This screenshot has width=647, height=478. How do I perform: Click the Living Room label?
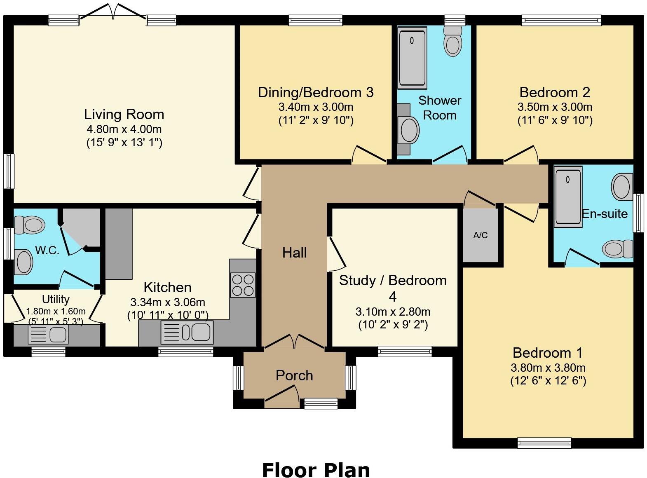click(x=124, y=115)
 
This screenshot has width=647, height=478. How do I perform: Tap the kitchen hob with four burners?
click(x=243, y=285)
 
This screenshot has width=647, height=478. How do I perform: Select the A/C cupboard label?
click(x=481, y=235)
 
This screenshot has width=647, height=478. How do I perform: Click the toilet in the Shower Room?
click(x=453, y=41)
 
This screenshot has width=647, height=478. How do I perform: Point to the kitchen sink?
click(x=187, y=333)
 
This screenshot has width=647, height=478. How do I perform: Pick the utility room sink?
click(x=48, y=335)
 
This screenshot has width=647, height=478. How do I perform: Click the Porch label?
click(x=294, y=375)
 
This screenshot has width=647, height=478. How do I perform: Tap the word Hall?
click(x=294, y=253)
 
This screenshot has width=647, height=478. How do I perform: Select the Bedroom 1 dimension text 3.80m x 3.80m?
click(x=548, y=368)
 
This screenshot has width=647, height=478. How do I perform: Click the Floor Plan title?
click(x=316, y=462)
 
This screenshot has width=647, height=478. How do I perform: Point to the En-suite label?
click(x=605, y=214)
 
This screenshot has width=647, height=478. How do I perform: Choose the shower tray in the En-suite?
click(x=568, y=197)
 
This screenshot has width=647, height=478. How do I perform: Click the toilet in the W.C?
click(x=29, y=225)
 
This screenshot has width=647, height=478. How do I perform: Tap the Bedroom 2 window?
click(x=561, y=20)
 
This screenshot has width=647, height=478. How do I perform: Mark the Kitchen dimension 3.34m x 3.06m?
click(x=168, y=302)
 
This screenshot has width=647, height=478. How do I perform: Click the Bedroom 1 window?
click(x=544, y=443)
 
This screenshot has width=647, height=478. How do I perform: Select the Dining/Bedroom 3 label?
click(x=316, y=92)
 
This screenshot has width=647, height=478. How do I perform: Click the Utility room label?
click(x=56, y=300)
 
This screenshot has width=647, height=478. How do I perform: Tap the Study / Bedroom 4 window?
click(x=405, y=351)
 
